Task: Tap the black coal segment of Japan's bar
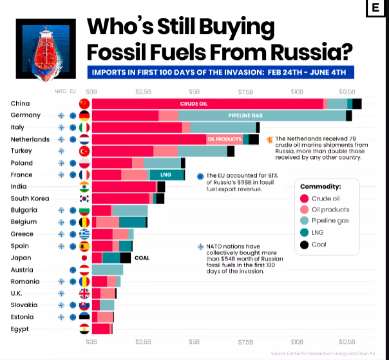click(125, 258)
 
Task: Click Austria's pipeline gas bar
click(108, 270)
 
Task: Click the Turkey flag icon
click(84, 151)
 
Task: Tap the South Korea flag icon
click(84, 199)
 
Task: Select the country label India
click(19, 186)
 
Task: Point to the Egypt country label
click(20, 329)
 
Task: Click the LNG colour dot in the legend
click(304, 233)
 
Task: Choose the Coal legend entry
click(319, 245)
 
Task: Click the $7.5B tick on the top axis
click(245, 92)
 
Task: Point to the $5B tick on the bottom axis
click(194, 341)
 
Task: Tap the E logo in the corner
click(375, 8)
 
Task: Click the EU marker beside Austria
click(73, 270)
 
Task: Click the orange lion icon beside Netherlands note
click(270, 140)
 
